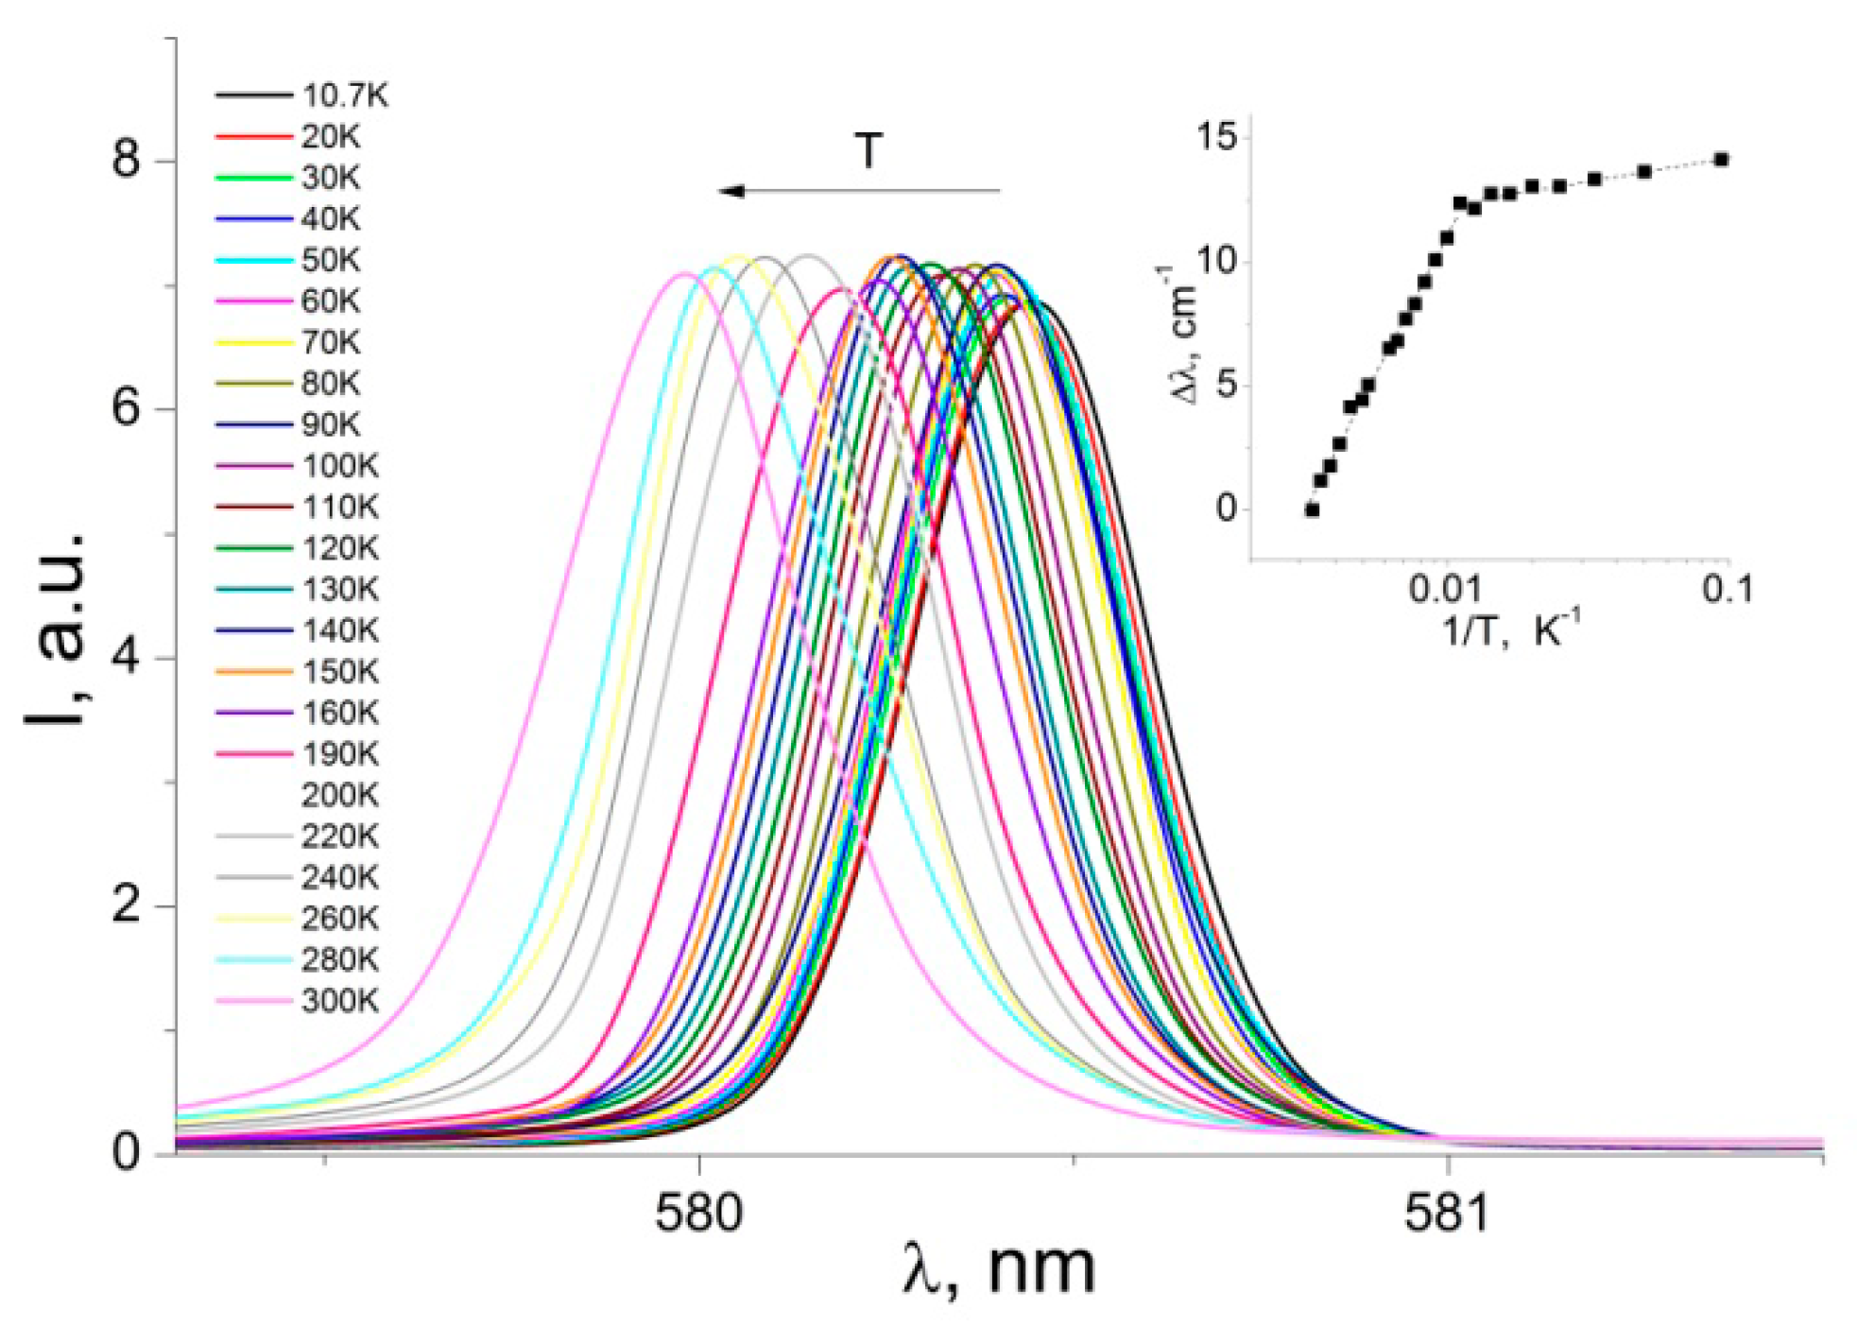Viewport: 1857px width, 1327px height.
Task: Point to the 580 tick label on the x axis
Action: (698, 1214)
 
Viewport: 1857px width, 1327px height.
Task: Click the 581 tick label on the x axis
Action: (1447, 1214)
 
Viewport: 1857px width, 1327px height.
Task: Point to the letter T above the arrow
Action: (868, 150)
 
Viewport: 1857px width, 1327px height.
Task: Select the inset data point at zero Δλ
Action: (1312, 509)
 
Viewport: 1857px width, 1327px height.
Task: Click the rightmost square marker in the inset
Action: (1721, 160)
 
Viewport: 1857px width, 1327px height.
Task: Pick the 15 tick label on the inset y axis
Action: (1216, 138)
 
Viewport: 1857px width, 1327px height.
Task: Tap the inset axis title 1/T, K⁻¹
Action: (1510, 630)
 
